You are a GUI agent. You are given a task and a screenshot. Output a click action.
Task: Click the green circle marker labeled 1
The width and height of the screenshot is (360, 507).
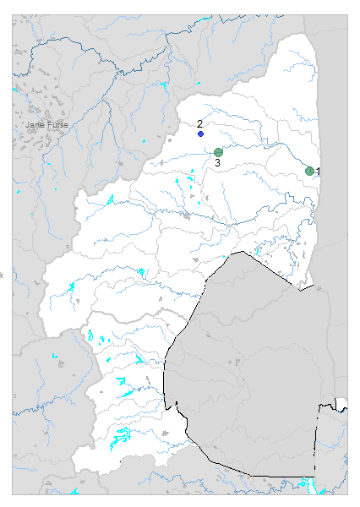click(310, 171)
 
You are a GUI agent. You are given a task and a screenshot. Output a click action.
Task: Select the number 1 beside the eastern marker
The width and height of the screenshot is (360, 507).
click(319, 172)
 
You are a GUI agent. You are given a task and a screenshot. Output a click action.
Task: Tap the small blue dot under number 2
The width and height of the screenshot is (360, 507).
click(200, 134)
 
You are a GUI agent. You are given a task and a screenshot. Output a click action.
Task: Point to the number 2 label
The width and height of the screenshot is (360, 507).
click(200, 124)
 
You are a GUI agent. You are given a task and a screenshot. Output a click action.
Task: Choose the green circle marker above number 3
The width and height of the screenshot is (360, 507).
click(218, 152)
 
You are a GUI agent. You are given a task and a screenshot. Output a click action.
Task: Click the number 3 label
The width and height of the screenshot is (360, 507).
click(217, 162)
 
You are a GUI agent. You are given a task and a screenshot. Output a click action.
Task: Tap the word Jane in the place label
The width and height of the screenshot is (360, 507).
click(35, 125)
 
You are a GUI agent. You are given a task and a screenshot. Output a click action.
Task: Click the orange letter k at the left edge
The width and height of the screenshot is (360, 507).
click(2, 274)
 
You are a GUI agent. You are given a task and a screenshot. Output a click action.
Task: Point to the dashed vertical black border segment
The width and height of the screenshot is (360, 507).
click(317, 439)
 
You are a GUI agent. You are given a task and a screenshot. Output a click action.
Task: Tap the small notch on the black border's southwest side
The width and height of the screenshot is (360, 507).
click(169, 401)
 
